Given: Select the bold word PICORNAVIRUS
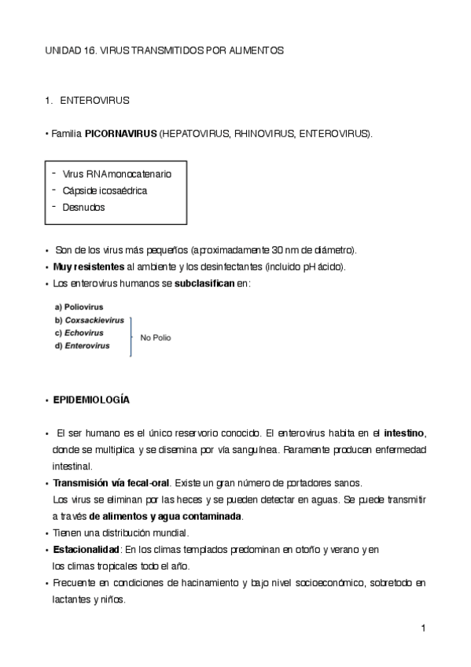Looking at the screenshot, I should (x=120, y=135).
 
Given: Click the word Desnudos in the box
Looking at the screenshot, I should (x=83, y=208).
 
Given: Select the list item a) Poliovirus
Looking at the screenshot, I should (x=79, y=306).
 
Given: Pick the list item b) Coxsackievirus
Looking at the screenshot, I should (x=89, y=319).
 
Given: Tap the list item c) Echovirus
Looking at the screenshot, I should (x=79, y=333).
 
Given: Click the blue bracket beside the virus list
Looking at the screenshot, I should (x=131, y=337).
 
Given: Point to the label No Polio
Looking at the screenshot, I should (x=155, y=337).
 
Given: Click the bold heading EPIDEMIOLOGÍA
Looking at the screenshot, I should (x=91, y=400).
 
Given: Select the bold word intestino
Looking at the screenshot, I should (x=404, y=433).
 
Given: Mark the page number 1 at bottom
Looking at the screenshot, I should (x=422, y=628).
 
